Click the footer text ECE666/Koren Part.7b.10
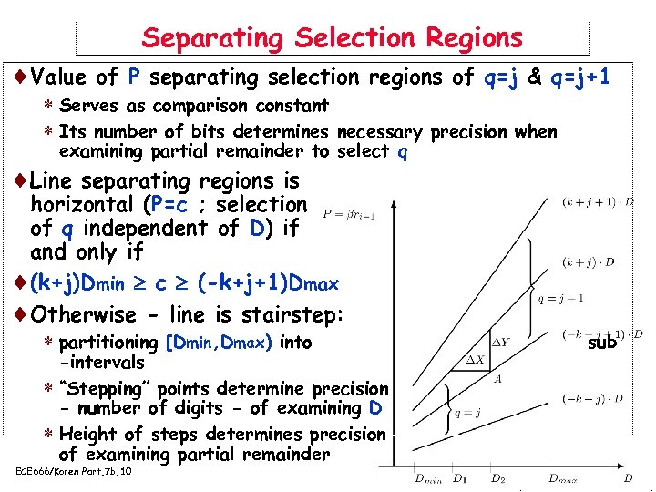(x=75, y=471)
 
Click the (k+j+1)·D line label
(x=598, y=200)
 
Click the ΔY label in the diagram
(x=501, y=343)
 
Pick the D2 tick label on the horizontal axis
(x=497, y=478)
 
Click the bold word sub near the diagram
(x=602, y=343)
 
